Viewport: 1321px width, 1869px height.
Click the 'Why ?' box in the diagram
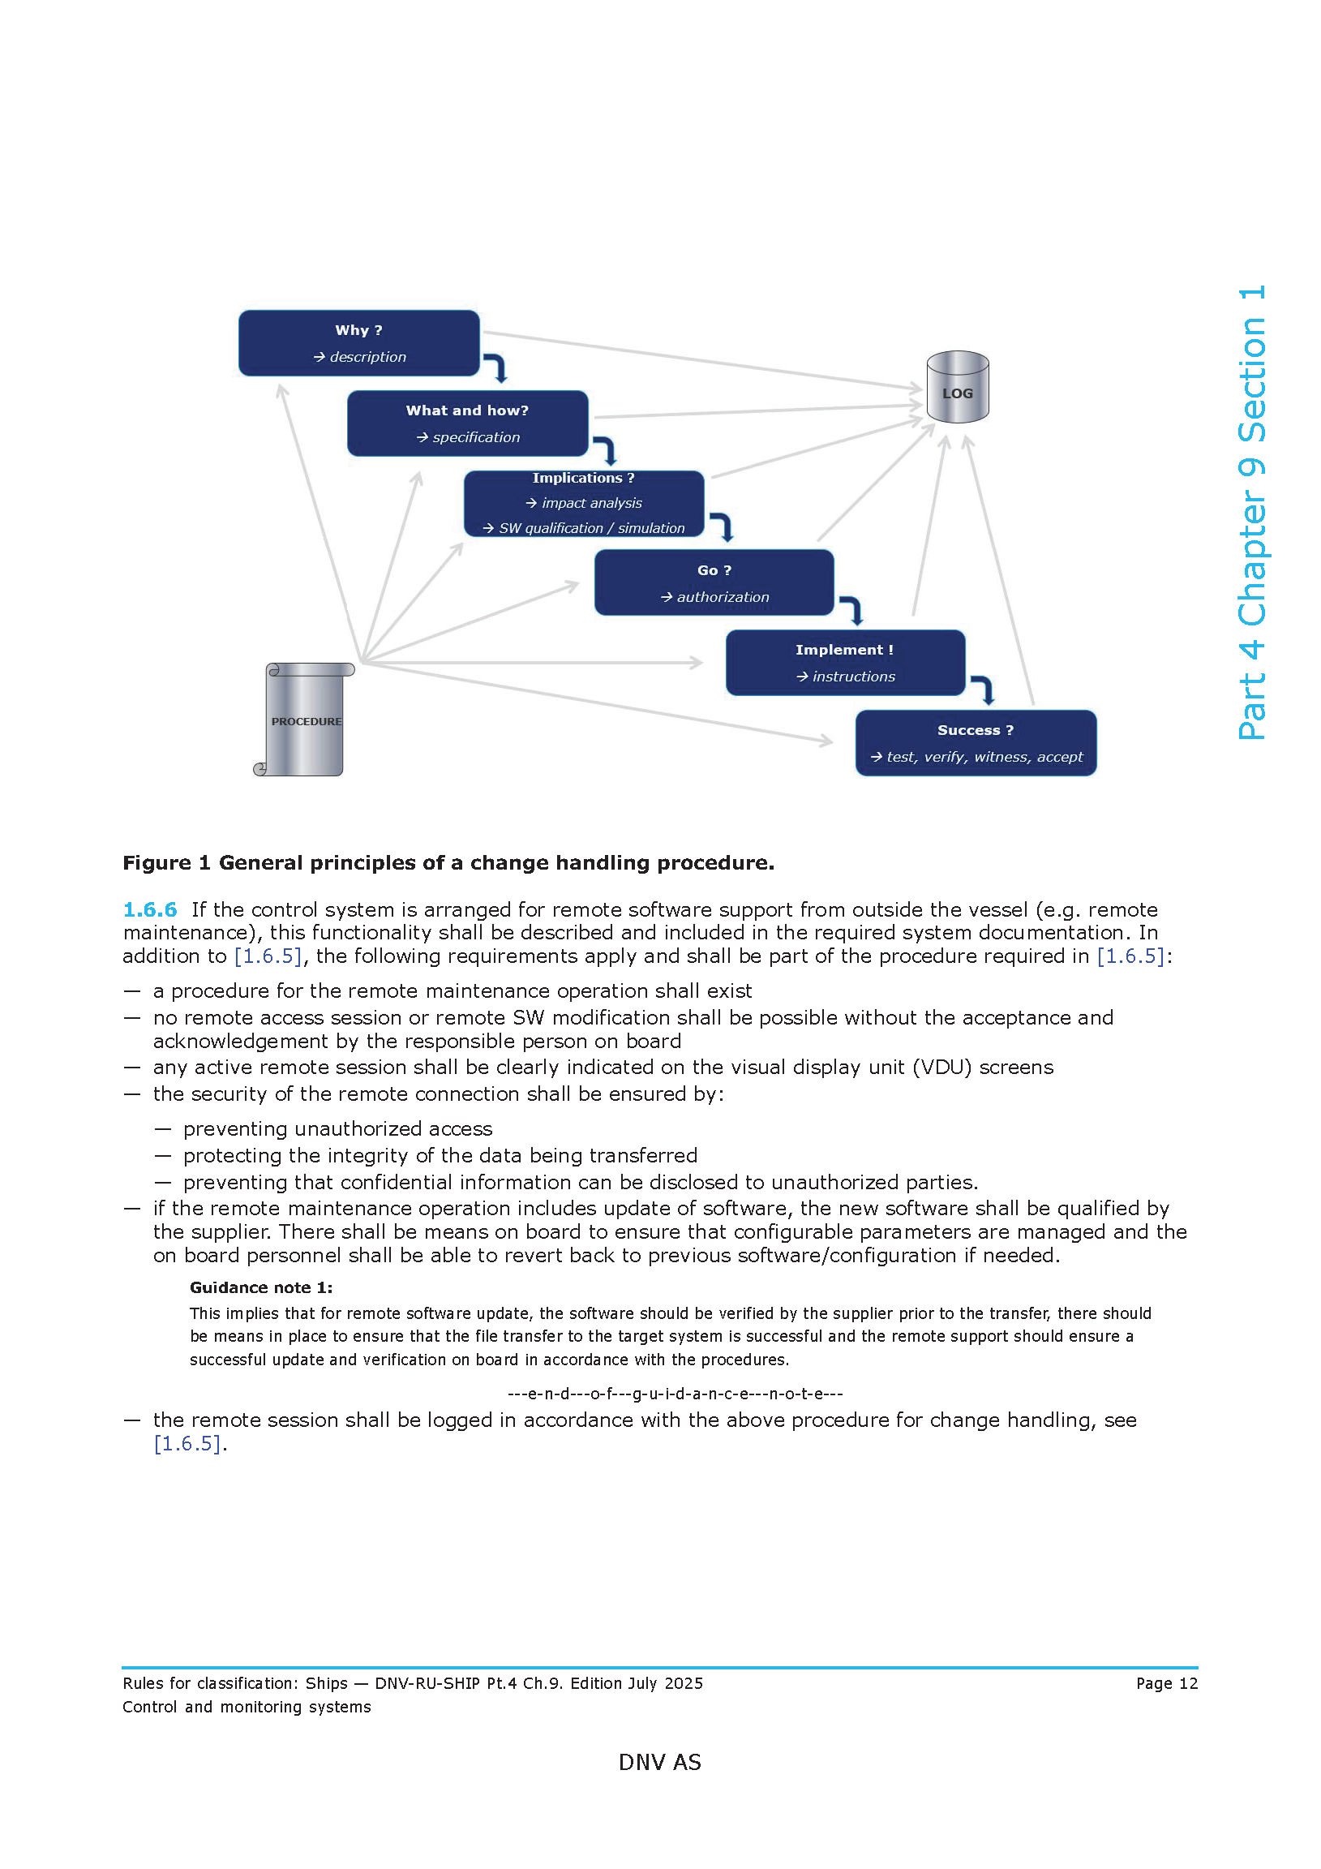click(358, 342)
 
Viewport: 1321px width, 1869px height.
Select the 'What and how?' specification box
click(467, 423)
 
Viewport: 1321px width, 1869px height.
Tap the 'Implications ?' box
click(584, 503)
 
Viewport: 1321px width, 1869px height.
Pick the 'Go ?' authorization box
click(714, 582)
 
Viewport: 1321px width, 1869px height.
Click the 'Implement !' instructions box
click(845, 662)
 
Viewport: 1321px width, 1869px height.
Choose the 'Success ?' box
click(975, 742)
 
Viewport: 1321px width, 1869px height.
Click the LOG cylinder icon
click(957, 387)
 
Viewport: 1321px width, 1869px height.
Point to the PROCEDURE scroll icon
click(306, 720)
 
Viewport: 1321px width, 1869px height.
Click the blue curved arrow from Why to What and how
click(495, 367)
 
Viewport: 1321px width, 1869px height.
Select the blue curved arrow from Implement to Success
click(983, 689)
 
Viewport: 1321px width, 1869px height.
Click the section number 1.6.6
click(150, 909)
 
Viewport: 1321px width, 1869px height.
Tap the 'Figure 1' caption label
click(166, 863)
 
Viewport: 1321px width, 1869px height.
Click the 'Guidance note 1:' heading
click(260, 1287)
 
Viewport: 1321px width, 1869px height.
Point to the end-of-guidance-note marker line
click(675, 1393)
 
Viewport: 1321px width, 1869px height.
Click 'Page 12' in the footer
click(1166, 1682)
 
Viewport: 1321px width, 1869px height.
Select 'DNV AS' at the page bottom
click(659, 1762)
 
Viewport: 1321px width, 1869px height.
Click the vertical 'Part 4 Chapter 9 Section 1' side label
click(1251, 512)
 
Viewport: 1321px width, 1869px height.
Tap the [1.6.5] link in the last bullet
click(187, 1443)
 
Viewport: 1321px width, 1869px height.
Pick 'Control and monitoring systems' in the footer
click(247, 1706)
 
